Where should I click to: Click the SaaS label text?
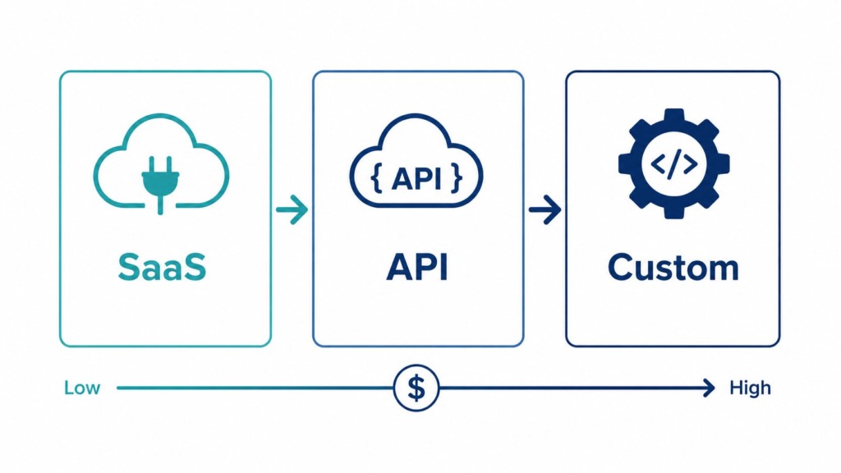click(162, 267)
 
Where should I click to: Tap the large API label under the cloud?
click(417, 267)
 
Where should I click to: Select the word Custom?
click(673, 267)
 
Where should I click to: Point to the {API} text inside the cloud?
click(416, 178)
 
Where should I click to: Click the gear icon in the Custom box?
click(673, 163)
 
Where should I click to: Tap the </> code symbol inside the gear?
click(673, 163)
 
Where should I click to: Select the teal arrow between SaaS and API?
click(292, 209)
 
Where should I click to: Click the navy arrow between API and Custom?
click(545, 209)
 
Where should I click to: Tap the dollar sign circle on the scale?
click(416, 388)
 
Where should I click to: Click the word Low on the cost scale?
click(82, 388)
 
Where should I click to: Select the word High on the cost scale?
click(751, 388)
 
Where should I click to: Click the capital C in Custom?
click(621, 267)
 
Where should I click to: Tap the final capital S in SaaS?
click(195, 267)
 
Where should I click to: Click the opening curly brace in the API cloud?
click(376, 179)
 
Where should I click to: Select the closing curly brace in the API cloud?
click(457, 179)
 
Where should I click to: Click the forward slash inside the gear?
click(673, 163)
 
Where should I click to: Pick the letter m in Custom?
click(721, 270)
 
